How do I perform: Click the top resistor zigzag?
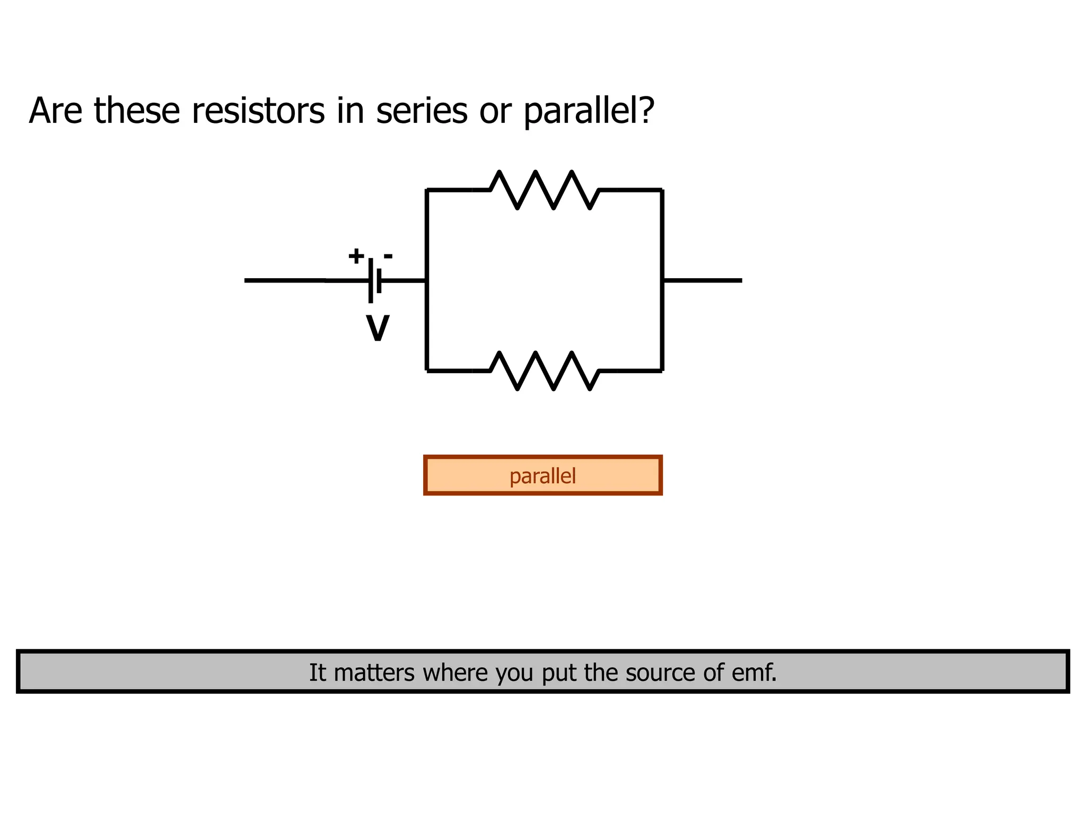pyautogui.click(x=545, y=189)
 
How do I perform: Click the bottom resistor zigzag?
pyautogui.click(x=545, y=370)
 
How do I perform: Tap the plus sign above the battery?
pyautogui.click(x=356, y=256)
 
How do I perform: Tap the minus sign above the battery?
pyautogui.click(x=388, y=257)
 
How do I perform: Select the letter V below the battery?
pyautogui.click(x=378, y=329)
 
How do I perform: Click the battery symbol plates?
pyautogui.click(x=374, y=280)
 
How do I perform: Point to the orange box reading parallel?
pyautogui.click(x=542, y=475)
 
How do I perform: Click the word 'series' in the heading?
pyautogui.click(x=422, y=111)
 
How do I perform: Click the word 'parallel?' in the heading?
pyautogui.click(x=589, y=112)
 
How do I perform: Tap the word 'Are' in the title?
pyautogui.click(x=55, y=111)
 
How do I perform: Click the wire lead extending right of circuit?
pyautogui.click(x=703, y=280)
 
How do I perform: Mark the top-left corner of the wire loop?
pyautogui.click(x=427, y=190)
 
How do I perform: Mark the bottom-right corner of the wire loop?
pyautogui.click(x=662, y=370)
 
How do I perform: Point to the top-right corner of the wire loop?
pyautogui.click(x=662, y=190)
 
